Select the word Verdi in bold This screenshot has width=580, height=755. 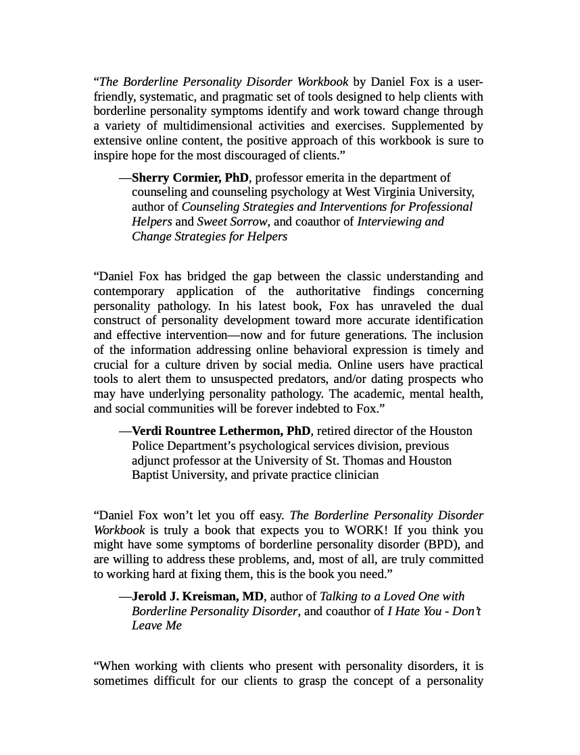coord(147,431)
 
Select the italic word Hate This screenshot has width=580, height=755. coord(408,611)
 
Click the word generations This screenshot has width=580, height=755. coord(377,335)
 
